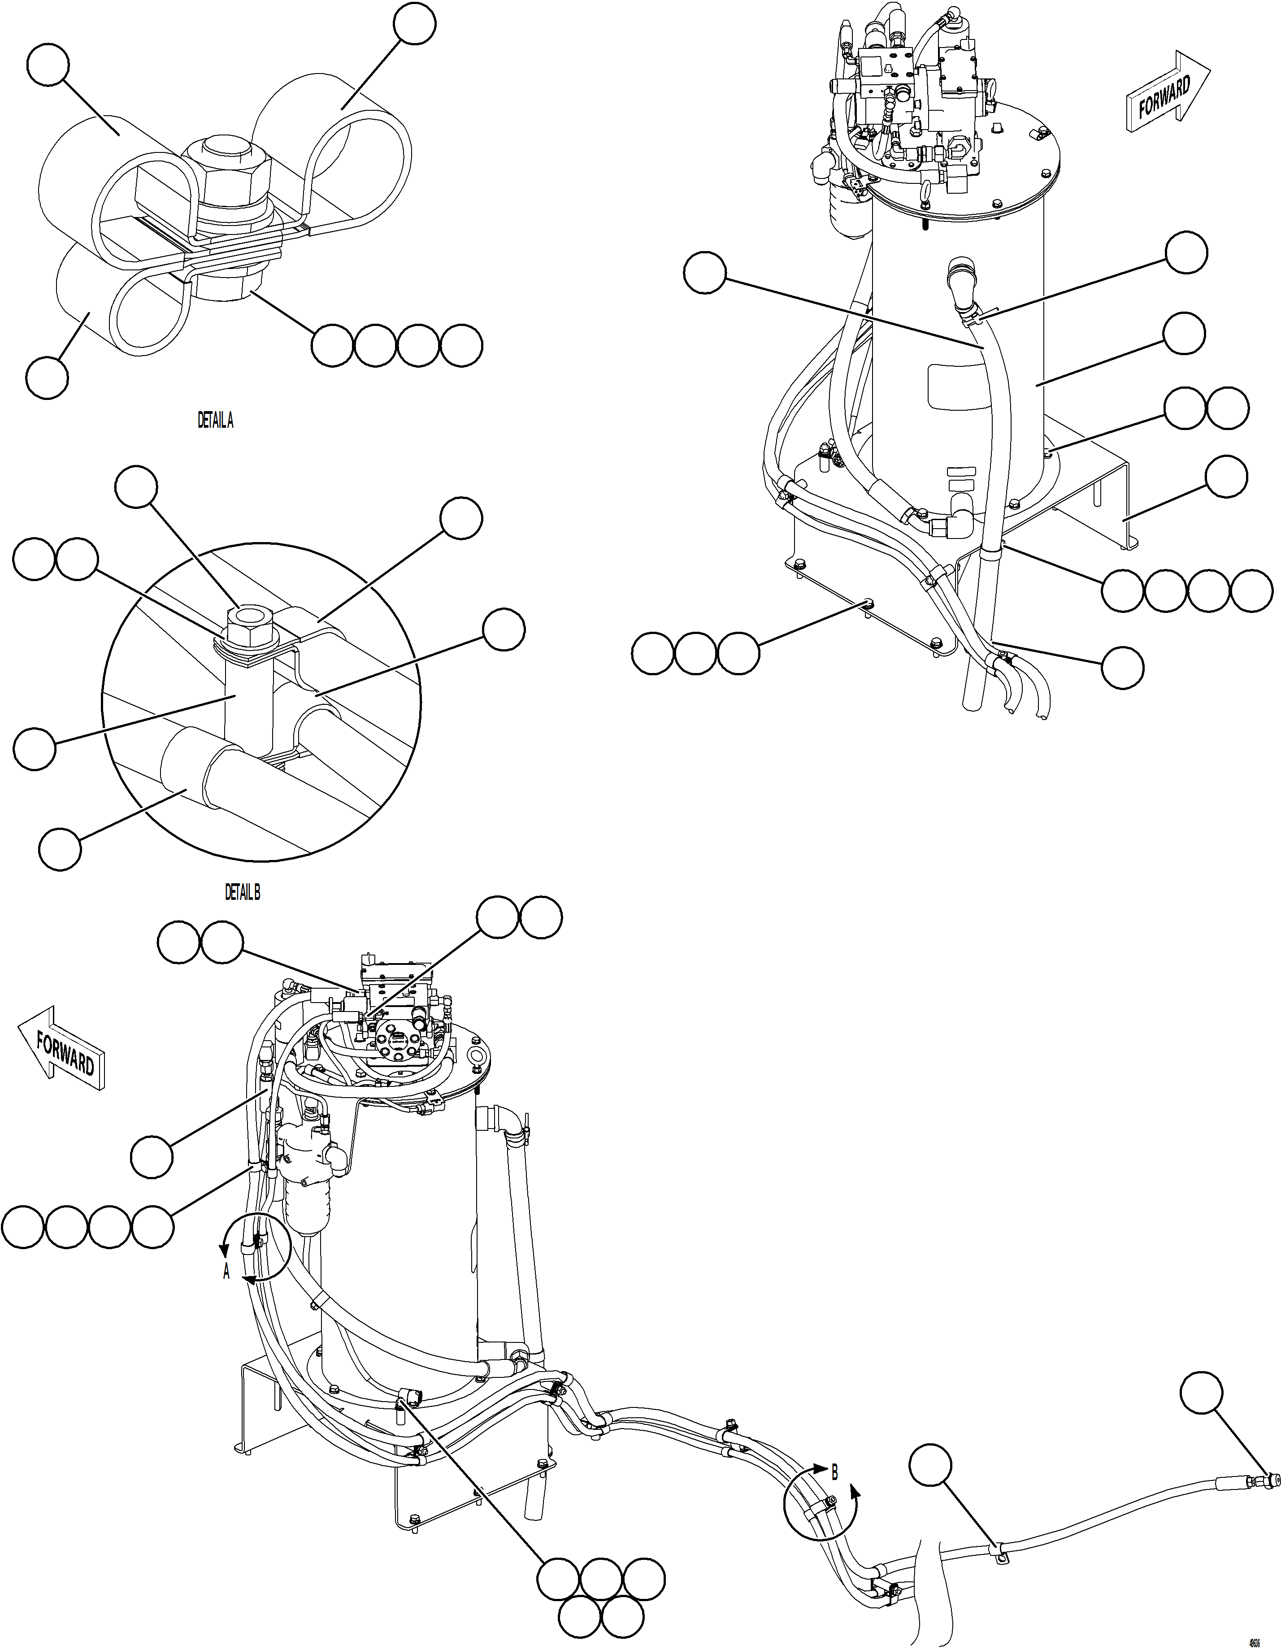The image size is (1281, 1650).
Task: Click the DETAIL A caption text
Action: point(215,421)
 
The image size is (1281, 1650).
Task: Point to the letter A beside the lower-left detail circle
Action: point(226,1273)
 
